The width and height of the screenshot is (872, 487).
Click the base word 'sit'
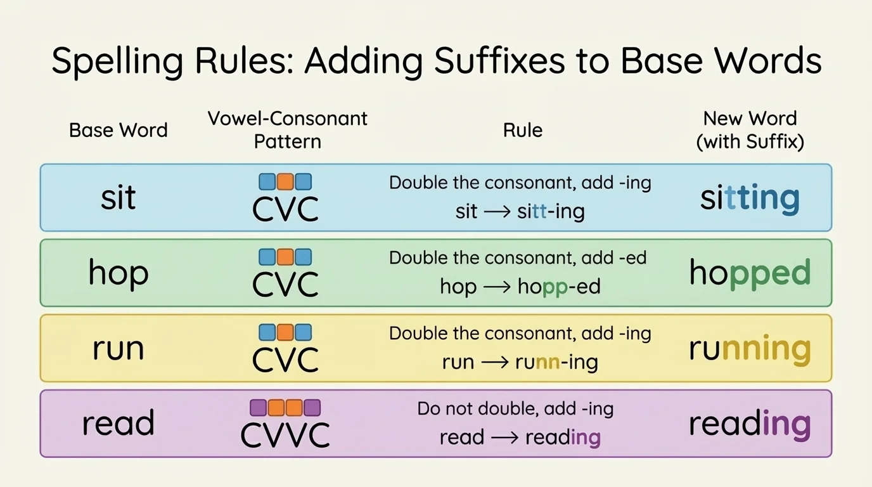point(119,197)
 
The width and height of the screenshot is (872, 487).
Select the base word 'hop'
point(119,273)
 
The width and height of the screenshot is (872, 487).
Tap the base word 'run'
point(119,349)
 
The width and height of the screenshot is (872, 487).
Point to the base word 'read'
point(119,424)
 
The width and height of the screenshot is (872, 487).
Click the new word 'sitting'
point(750,198)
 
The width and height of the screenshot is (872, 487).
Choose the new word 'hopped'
point(750,273)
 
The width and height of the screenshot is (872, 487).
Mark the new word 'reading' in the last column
point(750,424)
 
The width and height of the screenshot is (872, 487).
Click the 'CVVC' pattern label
point(285,435)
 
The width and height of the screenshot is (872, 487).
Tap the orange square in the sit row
point(285,182)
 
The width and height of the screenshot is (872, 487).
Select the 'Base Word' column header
point(119,130)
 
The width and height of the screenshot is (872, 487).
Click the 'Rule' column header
point(523,130)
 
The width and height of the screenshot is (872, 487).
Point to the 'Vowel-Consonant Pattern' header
point(288,129)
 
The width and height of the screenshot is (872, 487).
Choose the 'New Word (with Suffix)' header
point(750,129)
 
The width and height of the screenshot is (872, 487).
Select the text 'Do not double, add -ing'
point(515,409)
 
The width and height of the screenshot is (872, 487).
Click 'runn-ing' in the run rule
point(556,362)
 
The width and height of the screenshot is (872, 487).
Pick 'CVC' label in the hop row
point(285,284)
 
